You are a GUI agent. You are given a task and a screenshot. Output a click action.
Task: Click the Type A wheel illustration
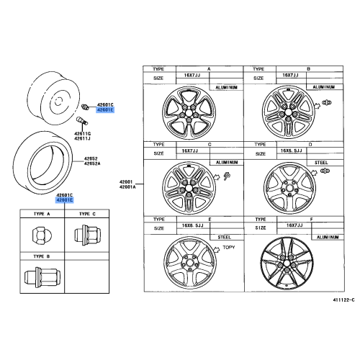pos(189,113)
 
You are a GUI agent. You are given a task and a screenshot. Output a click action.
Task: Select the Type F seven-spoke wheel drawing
pos(287,264)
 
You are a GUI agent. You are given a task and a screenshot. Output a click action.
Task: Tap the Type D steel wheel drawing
pos(289,188)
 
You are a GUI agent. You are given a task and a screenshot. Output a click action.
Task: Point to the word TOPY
pos(229,247)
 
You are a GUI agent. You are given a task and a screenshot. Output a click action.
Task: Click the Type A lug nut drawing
pos(39,235)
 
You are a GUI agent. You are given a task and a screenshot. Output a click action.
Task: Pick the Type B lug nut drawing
pos(42,277)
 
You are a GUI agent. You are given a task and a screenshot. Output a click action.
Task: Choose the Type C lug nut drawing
pos(87,235)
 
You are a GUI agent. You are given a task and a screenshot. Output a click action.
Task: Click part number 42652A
pos(92,163)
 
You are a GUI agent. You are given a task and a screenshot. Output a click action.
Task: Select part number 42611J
pos(82,138)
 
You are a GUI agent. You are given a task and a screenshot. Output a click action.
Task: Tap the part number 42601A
pos(127,186)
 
